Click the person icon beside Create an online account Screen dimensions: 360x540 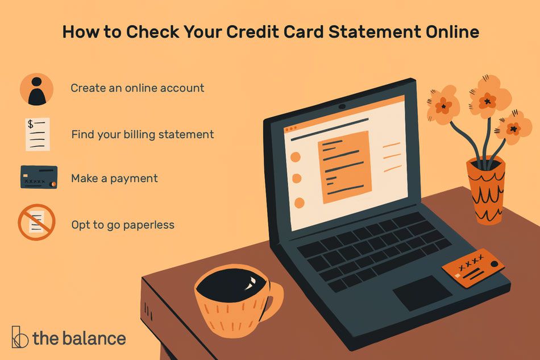pos(37,89)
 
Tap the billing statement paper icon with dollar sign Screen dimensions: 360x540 pos(38,134)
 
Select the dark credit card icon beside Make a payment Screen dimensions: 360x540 pos(39,177)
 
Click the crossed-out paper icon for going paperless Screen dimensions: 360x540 pos(37,222)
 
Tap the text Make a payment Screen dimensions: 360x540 pos(114,179)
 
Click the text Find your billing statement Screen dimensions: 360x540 pos(142,135)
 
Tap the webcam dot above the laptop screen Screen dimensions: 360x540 pos(342,106)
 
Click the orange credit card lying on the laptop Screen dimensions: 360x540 pos(473,267)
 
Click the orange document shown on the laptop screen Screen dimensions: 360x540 pos(346,167)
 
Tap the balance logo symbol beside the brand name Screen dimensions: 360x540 pos(20,338)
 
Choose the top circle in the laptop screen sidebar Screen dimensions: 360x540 pos(296,158)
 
